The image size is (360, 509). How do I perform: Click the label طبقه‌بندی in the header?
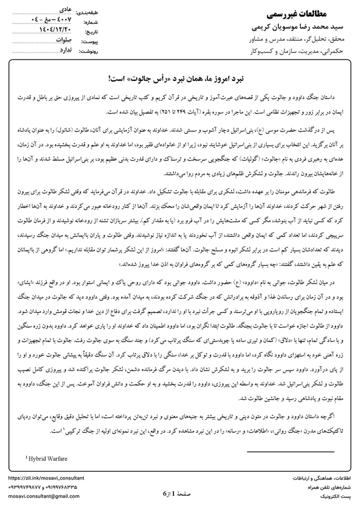(x=98, y=11)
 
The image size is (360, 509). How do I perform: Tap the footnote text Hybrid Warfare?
(x=50, y=459)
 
